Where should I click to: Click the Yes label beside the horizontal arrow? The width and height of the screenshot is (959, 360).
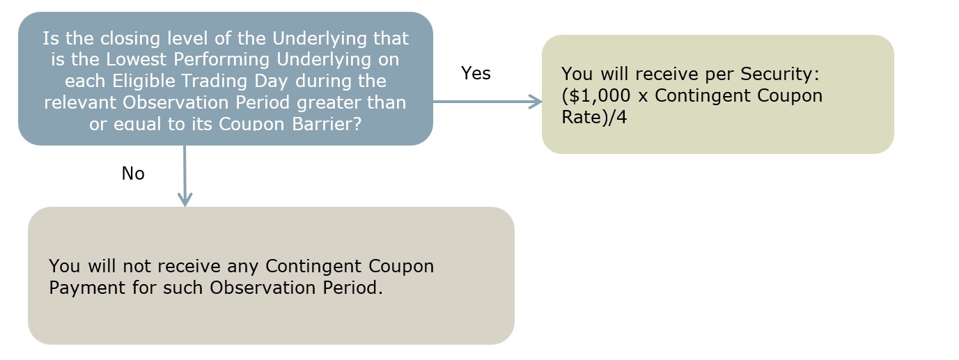pos(476,73)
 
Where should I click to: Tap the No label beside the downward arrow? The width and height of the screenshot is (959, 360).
pos(133,173)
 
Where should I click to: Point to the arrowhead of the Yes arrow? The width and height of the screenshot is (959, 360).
pos(536,102)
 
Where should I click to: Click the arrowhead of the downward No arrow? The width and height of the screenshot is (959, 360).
pos(185,199)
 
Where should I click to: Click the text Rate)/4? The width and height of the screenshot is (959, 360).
pos(594,117)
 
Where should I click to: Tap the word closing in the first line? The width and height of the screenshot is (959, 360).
pos(130,38)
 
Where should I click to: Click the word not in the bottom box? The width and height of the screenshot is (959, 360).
pos(137,266)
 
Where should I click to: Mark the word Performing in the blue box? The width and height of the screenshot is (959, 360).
pos(221,59)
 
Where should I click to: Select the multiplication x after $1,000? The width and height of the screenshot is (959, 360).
pos(643,97)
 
